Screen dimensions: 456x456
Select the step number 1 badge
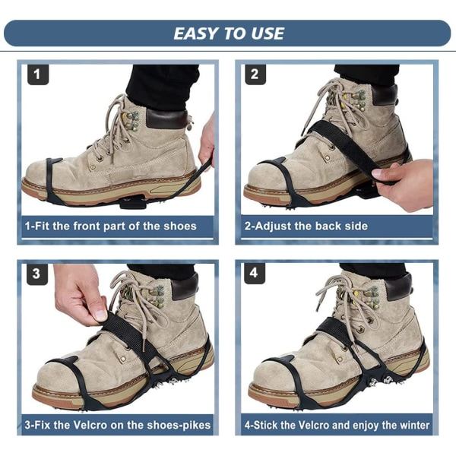pos(38,74)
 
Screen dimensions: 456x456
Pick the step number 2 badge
pos(255,74)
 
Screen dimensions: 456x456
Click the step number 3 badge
pos(37,274)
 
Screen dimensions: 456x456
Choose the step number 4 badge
pos(255,274)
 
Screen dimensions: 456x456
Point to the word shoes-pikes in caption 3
pos(179,426)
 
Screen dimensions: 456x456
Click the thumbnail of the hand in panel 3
pos(101,315)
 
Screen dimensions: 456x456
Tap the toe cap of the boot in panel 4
pos(274,375)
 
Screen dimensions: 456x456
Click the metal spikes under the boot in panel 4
pos(381,381)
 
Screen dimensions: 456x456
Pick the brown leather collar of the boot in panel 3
pos(185,287)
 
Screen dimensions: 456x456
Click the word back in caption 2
pos(328,226)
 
